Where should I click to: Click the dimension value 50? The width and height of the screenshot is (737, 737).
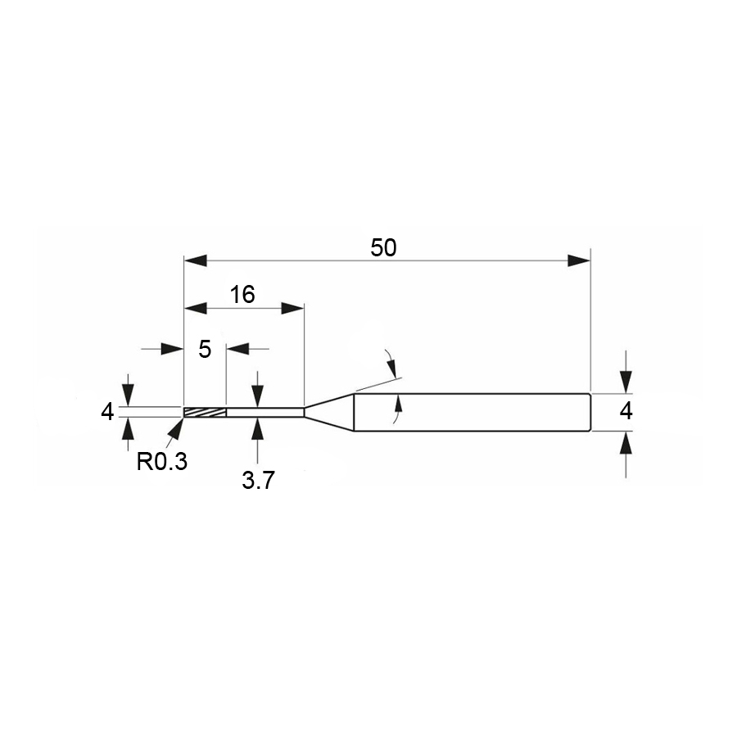[x=383, y=247]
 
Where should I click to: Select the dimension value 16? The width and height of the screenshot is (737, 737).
[x=242, y=295]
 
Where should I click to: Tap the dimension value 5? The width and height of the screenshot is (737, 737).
[x=205, y=349]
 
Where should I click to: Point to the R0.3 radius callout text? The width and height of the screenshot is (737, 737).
[x=161, y=462]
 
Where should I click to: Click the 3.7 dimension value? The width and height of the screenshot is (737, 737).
[x=258, y=481]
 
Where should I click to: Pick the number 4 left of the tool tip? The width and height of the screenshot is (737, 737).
[x=107, y=412]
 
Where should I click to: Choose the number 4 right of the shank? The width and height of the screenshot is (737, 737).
[x=626, y=412]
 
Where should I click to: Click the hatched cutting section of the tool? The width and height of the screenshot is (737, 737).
[x=205, y=412]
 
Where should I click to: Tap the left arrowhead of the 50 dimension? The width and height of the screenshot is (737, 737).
[x=195, y=260]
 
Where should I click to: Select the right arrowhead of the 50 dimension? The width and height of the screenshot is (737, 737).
[x=579, y=260]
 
